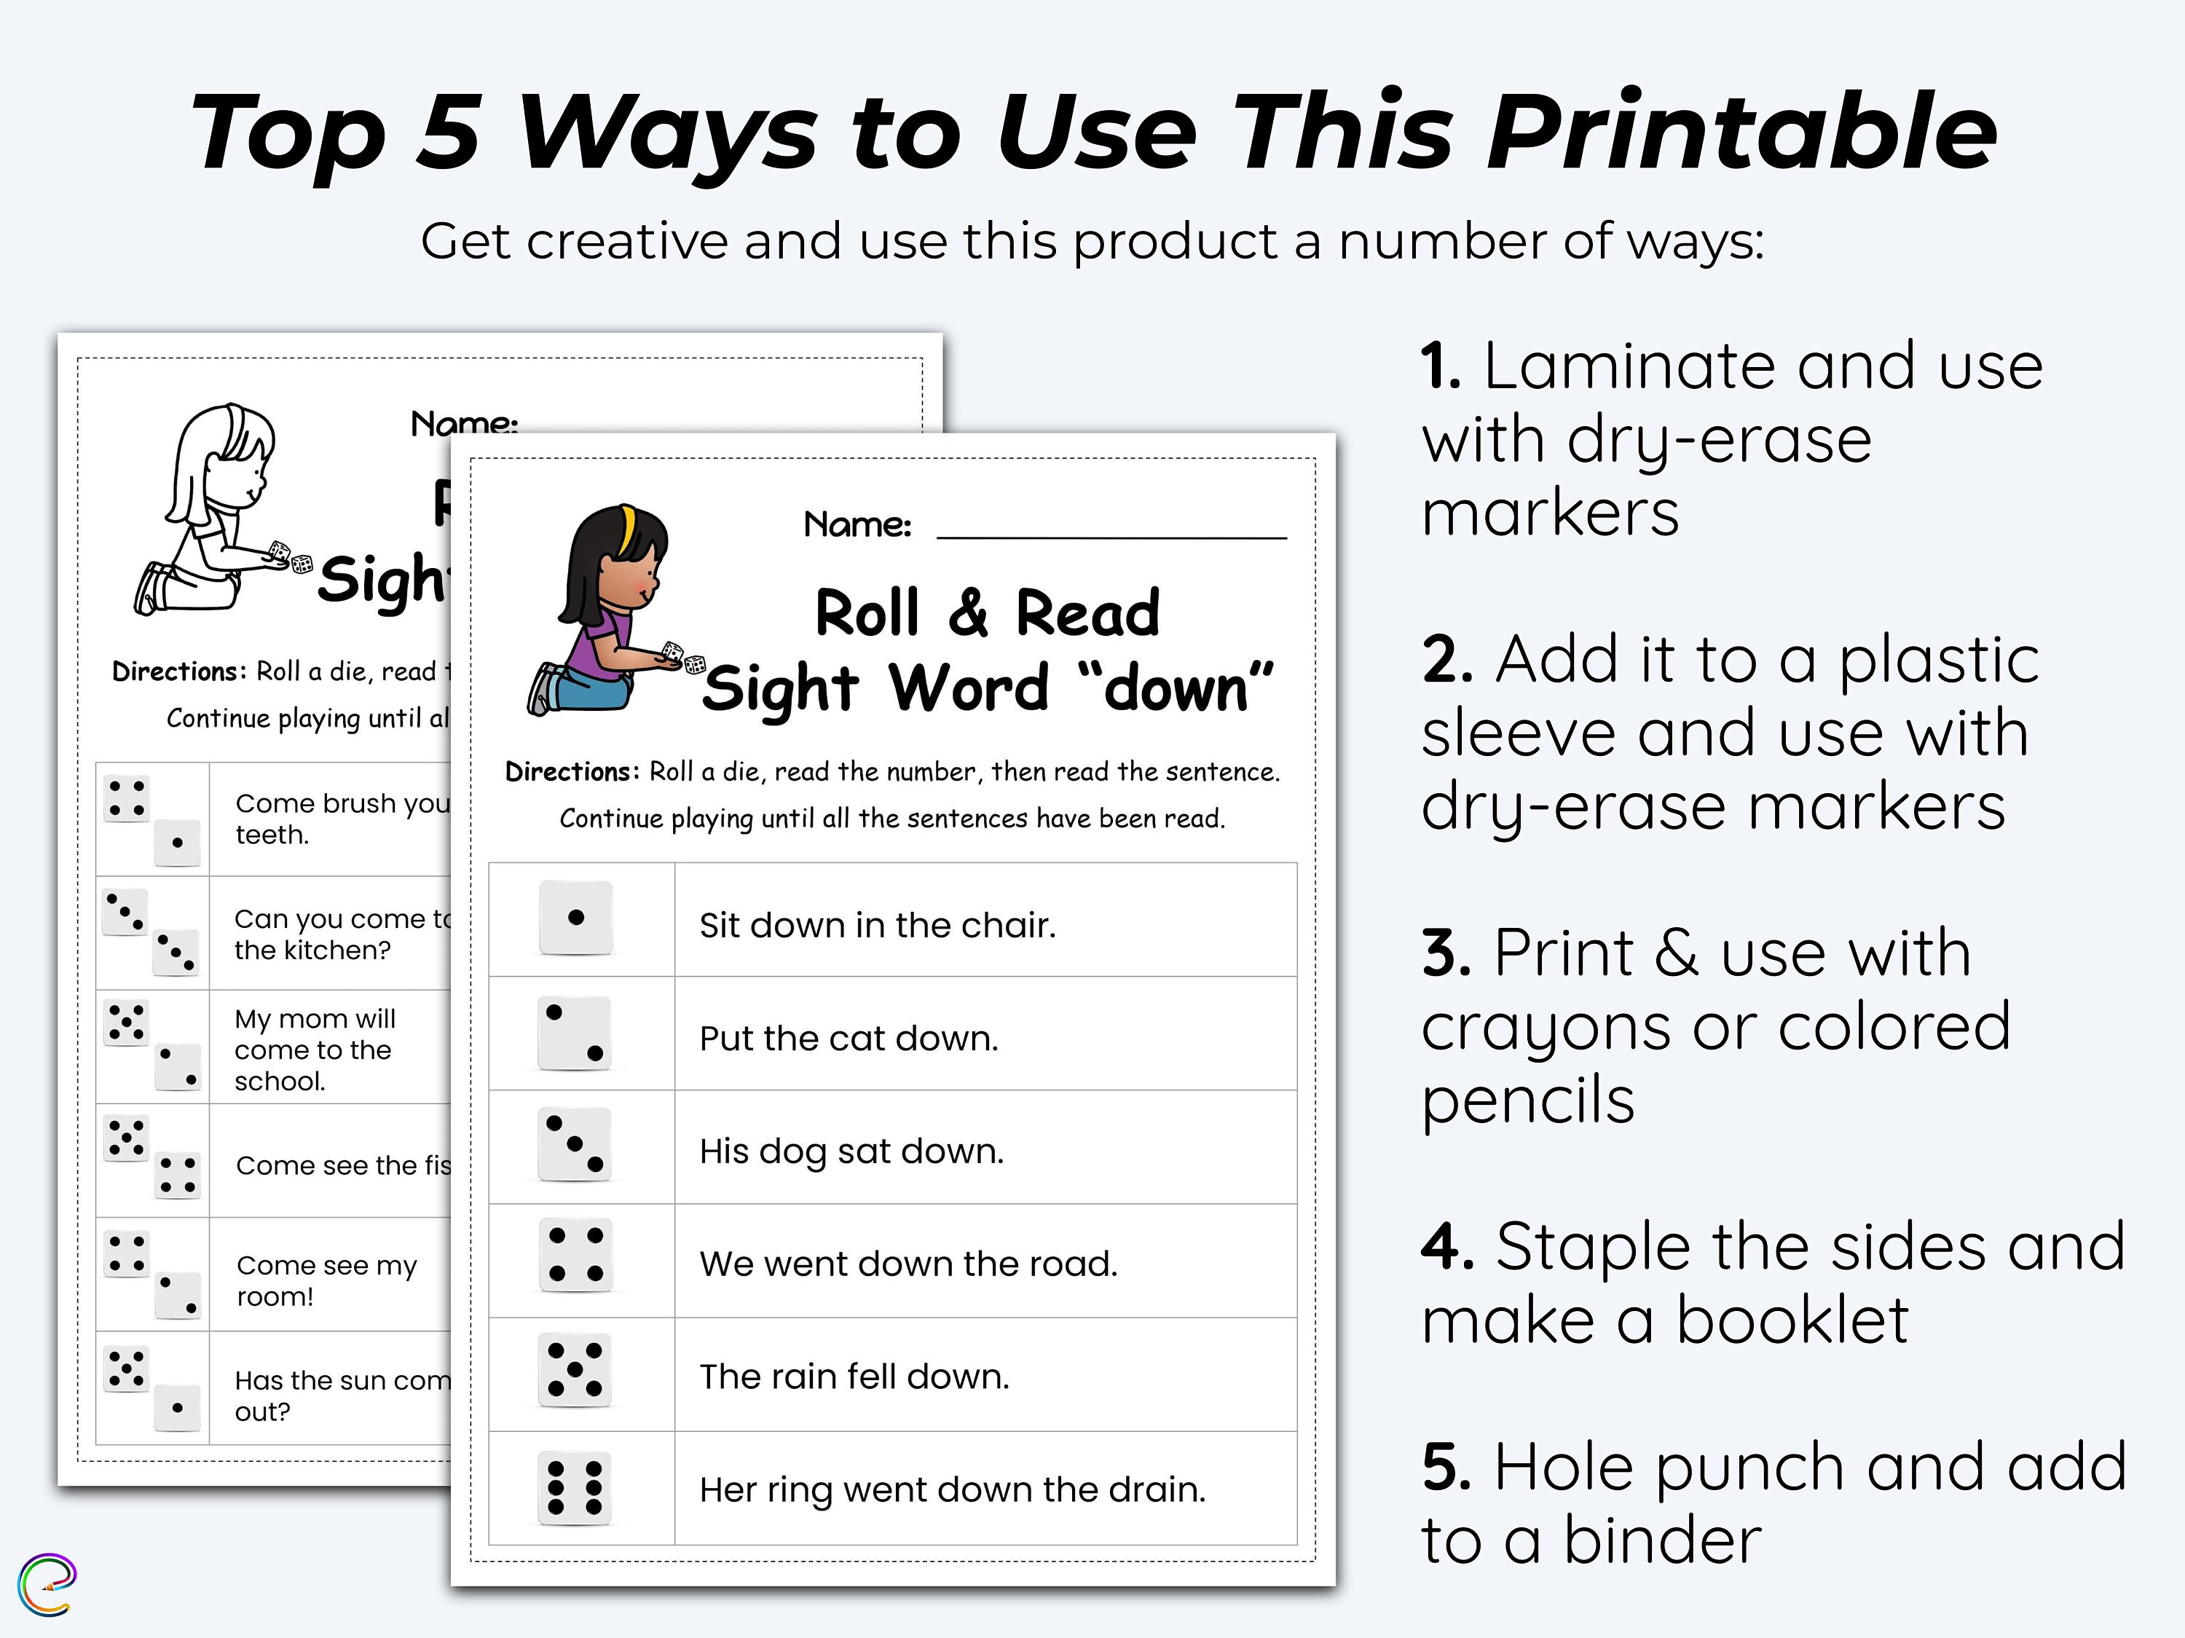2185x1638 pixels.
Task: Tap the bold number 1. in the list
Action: coord(1441,366)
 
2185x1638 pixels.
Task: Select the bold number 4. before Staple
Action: coord(1447,1247)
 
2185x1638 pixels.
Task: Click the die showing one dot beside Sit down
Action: coord(576,918)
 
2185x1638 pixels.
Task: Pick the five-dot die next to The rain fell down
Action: coord(575,1371)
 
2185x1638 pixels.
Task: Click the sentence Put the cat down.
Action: coord(849,1039)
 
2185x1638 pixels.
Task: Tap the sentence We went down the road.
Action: coord(908,1264)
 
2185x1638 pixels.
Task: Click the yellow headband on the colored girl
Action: coord(626,529)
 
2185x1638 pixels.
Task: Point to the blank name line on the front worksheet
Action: coord(1111,535)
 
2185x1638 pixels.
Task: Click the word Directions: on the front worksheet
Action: coord(572,771)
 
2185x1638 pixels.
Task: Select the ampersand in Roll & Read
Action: coord(969,613)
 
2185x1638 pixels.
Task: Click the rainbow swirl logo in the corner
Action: coord(47,1585)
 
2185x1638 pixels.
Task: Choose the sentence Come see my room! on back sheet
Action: coord(326,1280)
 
